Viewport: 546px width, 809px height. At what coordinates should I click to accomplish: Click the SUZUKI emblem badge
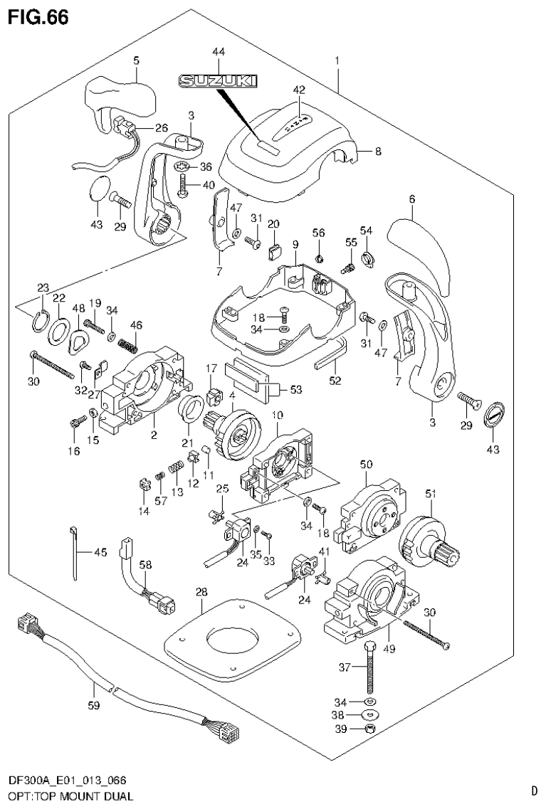(218, 83)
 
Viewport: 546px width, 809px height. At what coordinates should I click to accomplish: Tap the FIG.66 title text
(39, 17)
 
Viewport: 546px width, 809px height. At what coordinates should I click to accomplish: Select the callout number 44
(218, 52)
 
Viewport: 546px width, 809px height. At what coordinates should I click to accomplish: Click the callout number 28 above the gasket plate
(201, 592)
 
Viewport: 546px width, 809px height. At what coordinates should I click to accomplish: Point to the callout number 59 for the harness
(94, 707)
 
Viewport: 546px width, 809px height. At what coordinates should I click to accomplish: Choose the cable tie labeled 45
(74, 551)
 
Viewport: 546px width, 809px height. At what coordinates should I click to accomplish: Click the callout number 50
(367, 464)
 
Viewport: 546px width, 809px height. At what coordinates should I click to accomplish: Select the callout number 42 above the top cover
(299, 90)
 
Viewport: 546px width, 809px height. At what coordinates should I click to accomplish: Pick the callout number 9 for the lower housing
(295, 245)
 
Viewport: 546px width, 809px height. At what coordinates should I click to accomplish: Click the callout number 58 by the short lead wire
(145, 564)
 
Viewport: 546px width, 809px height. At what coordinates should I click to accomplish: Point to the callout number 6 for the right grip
(411, 200)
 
